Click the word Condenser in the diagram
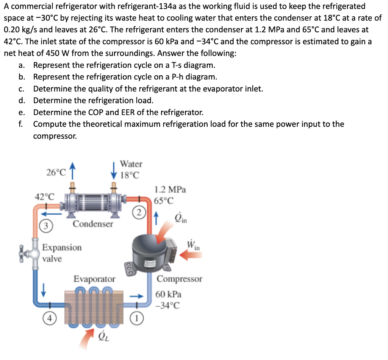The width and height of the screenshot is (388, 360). pyautogui.click(x=93, y=224)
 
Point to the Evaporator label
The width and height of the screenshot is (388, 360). pyautogui.click(x=94, y=279)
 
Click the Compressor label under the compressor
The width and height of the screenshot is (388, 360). pyautogui.click(x=179, y=279)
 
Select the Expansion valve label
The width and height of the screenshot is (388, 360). pyautogui.click(x=61, y=253)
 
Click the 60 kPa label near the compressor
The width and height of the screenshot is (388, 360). pyautogui.click(x=169, y=294)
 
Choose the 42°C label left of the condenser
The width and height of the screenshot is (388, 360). pyautogui.click(x=44, y=197)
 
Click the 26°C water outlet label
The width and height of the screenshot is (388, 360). pyautogui.click(x=56, y=173)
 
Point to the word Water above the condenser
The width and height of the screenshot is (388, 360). pyautogui.click(x=131, y=164)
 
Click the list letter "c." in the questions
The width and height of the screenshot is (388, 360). pyautogui.click(x=22, y=89)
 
